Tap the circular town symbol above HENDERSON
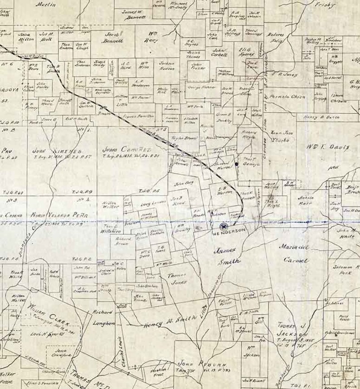(x=223, y=226)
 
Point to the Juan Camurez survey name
(x=126, y=149)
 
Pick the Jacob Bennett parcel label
(x=114, y=37)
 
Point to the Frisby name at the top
(x=324, y=5)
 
